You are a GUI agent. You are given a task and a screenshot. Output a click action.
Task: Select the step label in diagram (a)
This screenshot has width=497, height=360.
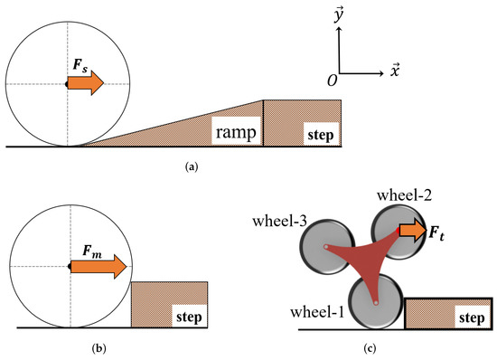(x=321, y=137)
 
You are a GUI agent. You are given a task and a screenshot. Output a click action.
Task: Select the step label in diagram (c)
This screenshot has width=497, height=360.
(x=471, y=319)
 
